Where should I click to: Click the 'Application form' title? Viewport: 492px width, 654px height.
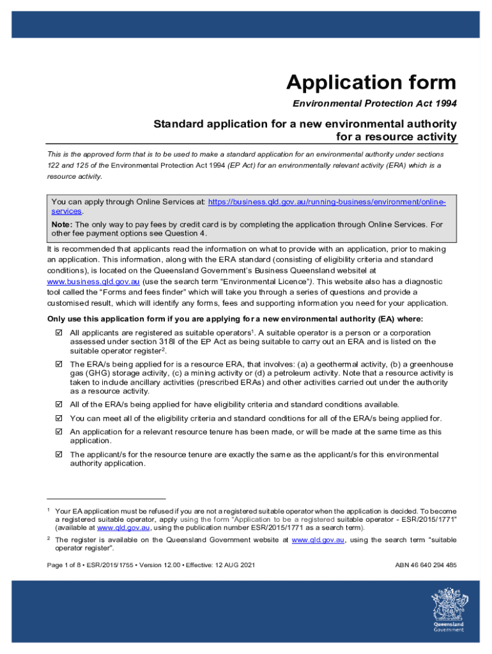pyautogui.click(x=371, y=82)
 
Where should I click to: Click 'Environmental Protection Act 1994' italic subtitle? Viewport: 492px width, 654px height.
pyautogui.click(x=374, y=103)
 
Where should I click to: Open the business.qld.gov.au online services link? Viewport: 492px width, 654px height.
pyautogui.click(x=327, y=202)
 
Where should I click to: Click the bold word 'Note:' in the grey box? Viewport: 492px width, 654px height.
pyautogui.click(x=62, y=225)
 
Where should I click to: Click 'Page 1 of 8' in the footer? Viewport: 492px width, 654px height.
pyautogui.click(x=67, y=565)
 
